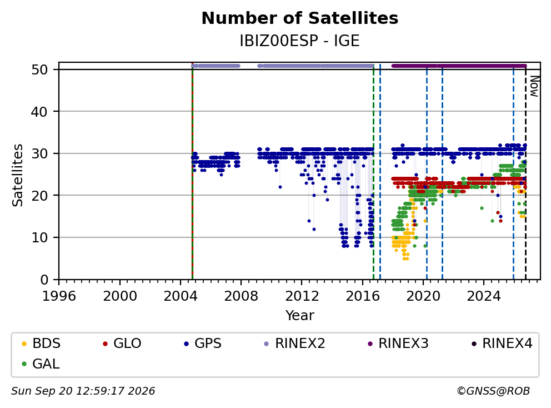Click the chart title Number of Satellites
(x=300, y=18)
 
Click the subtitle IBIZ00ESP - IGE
(x=300, y=41)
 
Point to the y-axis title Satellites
(x=17, y=175)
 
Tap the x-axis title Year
(x=300, y=316)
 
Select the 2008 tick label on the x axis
(x=241, y=296)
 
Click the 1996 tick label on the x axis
(x=59, y=296)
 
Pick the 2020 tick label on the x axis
(x=423, y=296)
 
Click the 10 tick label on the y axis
(x=39, y=237)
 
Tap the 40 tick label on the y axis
(x=39, y=112)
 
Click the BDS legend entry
(x=41, y=344)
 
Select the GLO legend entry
(x=122, y=344)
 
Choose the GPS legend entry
(x=203, y=344)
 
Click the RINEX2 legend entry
(x=294, y=344)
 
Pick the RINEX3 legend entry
(x=398, y=344)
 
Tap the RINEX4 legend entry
(x=502, y=344)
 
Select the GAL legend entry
(x=41, y=364)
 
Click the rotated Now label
(x=534, y=86)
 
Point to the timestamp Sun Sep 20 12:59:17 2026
(x=83, y=391)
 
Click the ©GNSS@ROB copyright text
(x=493, y=391)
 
